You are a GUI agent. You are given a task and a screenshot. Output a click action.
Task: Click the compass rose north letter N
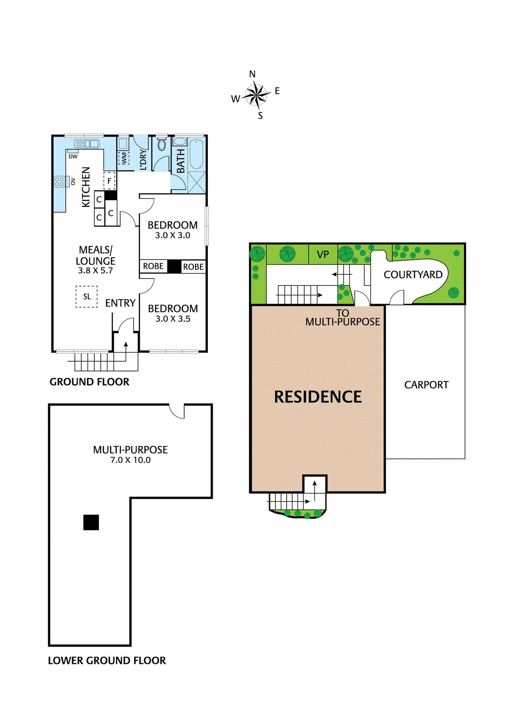[252, 74]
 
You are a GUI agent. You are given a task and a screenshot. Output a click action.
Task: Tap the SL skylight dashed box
[87, 297]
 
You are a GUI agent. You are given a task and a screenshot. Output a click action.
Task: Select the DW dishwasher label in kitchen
[73, 157]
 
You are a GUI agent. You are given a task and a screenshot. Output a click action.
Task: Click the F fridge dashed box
[109, 181]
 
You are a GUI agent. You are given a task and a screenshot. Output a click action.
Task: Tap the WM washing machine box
[124, 158]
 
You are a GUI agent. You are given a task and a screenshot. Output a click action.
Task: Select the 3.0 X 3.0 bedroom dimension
[172, 235]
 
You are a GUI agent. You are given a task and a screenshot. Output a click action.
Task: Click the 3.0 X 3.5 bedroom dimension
[173, 319]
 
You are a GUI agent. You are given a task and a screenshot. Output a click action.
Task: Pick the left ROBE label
[153, 266]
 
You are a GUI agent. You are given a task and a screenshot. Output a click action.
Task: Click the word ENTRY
[120, 303]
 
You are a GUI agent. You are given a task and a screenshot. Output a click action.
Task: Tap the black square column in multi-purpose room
[91, 522]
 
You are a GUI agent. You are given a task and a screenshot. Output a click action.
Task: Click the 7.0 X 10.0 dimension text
[130, 460]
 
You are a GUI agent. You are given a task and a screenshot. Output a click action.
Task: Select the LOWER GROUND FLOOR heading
[107, 661]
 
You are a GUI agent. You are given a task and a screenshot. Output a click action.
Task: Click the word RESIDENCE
[318, 397]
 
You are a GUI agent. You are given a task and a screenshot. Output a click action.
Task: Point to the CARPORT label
[426, 385]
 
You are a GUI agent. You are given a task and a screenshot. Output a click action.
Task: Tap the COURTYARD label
[413, 275]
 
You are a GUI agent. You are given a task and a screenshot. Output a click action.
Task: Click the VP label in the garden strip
[323, 255]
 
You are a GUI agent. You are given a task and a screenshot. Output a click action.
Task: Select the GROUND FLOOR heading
[89, 382]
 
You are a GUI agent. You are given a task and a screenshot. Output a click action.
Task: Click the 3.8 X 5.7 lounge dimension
[95, 270]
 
